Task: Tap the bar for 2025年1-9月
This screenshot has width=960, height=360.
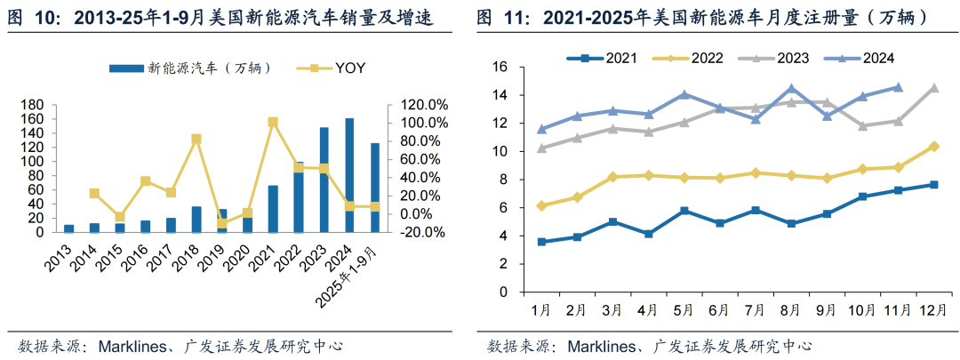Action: [x=375, y=188]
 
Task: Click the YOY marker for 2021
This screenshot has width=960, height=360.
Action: [x=273, y=123]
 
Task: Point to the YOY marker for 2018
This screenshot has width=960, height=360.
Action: [x=196, y=140]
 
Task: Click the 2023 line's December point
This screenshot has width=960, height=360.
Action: [x=934, y=88]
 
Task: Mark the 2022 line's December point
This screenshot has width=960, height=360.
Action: [x=934, y=147]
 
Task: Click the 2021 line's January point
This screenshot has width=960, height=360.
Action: [x=540, y=242]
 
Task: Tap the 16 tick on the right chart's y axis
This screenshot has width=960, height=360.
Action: [x=500, y=68]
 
